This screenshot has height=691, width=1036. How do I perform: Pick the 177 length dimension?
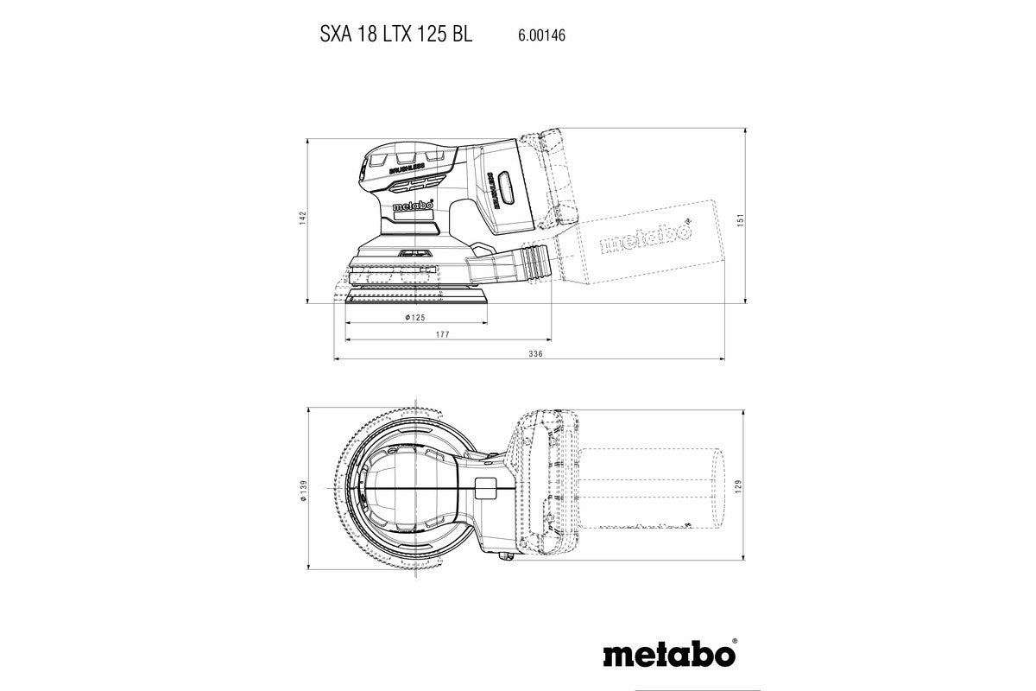442,333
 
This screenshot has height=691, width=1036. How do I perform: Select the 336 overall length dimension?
534,354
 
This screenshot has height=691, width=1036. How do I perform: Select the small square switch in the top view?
484,487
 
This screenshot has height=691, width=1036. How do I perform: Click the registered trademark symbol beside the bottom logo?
735,643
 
